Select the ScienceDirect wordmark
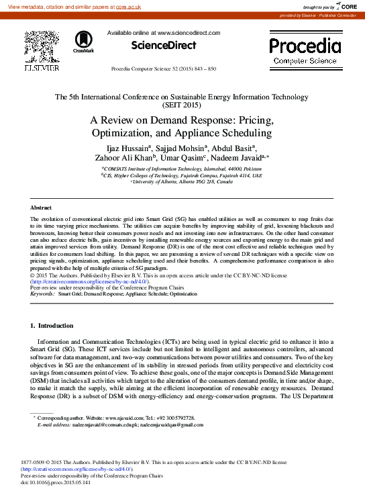(x=163, y=46)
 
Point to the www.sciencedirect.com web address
(x=189, y=32)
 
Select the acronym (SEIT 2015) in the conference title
(x=182, y=105)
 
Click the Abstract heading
(x=41, y=209)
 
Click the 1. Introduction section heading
(x=52, y=326)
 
